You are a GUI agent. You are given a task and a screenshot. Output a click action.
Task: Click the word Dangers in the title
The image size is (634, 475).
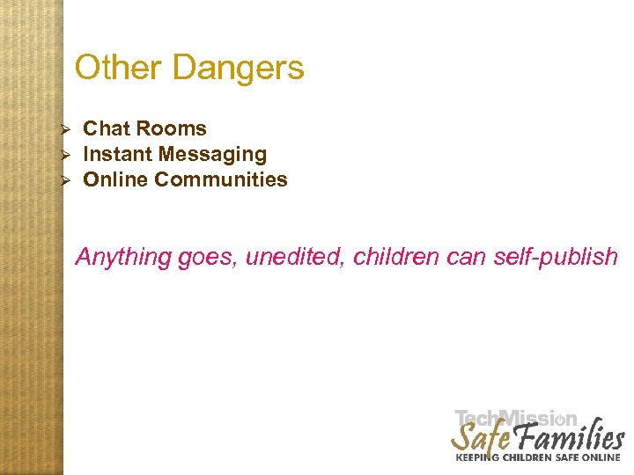coord(238,68)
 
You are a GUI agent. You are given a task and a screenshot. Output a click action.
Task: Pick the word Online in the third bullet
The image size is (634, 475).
coord(115,179)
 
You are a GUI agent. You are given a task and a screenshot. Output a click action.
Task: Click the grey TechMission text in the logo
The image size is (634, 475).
coord(516,419)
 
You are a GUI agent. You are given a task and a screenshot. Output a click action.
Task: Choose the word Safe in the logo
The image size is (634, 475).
coord(479,436)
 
